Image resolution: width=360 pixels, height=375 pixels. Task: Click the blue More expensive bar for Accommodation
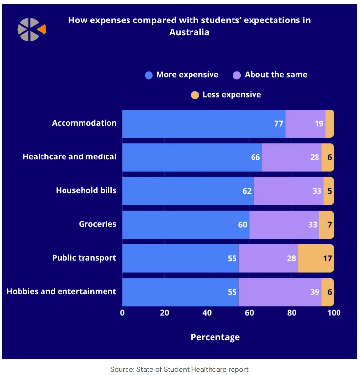tap(200, 124)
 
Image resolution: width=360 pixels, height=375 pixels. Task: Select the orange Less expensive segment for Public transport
tap(316, 258)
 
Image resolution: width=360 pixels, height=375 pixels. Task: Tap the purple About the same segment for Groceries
tap(284, 225)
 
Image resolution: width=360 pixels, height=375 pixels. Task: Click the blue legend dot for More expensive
tap(149, 75)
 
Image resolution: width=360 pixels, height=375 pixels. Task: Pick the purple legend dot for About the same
tap(237, 75)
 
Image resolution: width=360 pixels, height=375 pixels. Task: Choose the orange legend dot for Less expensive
tap(195, 95)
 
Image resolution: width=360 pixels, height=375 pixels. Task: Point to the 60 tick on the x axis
tap(249, 313)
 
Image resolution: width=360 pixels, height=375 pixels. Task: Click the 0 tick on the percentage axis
tap(122, 313)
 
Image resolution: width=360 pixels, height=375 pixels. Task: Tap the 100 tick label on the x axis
tap(334, 313)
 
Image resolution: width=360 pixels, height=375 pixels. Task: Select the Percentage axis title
tap(215, 337)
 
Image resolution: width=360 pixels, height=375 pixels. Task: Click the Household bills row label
tap(86, 190)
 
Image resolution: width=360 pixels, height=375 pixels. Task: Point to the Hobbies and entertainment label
tap(62, 292)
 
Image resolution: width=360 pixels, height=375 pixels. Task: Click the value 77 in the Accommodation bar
tap(278, 124)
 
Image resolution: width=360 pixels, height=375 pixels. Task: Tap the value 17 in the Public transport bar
tap(327, 258)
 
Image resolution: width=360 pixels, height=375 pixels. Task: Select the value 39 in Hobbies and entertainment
tap(315, 292)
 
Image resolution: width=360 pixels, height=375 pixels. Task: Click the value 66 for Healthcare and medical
tap(255, 157)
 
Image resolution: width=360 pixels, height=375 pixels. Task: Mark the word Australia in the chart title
tap(190, 32)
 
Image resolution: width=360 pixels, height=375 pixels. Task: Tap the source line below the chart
tap(180, 370)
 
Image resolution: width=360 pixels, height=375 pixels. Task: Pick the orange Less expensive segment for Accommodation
tap(330, 124)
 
